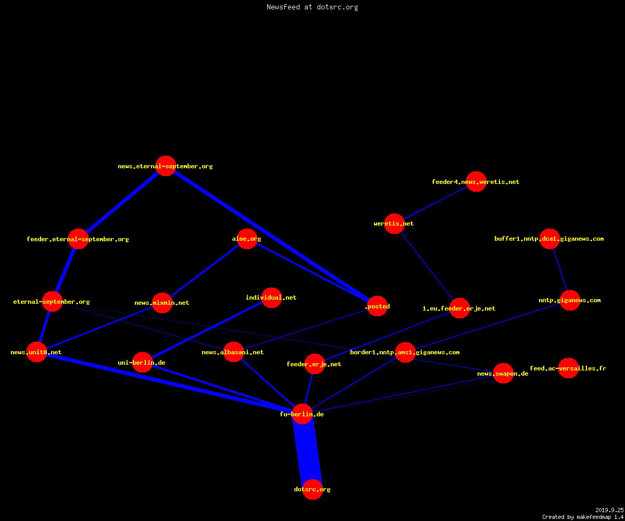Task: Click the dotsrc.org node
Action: click(312, 489)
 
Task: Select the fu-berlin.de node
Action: click(302, 414)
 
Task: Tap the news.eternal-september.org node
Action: click(166, 166)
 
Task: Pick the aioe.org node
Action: click(247, 239)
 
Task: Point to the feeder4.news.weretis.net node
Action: click(476, 181)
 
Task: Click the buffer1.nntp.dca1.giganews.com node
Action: click(549, 239)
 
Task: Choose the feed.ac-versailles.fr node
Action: click(568, 368)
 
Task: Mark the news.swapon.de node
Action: click(503, 373)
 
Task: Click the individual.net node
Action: click(271, 297)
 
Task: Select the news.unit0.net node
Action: click(37, 352)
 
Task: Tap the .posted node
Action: click(378, 306)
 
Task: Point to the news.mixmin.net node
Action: click(162, 303)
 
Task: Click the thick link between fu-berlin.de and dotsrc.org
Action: click(307, 452)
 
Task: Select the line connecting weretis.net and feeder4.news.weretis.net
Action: click(435, 203)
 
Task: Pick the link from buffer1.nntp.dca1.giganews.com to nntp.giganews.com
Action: click(560, 269)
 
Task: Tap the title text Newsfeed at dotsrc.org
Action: click(312, 7)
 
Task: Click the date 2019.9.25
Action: click(609, 510)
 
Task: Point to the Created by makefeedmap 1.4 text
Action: click(583, 517)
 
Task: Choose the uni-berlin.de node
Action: click(143, 362)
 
